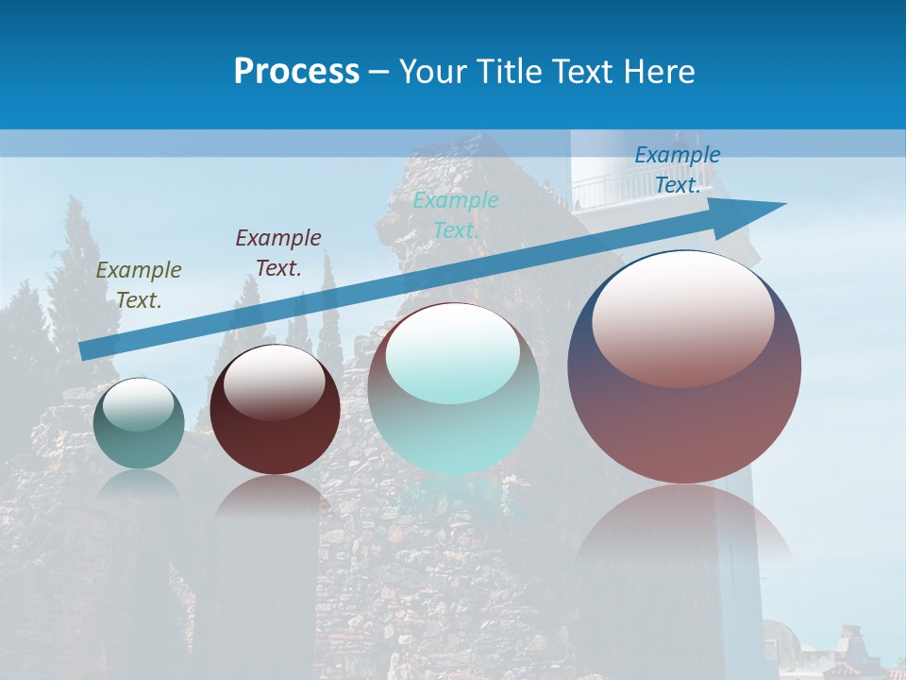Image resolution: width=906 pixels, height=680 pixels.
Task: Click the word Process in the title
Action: tap(296, 72)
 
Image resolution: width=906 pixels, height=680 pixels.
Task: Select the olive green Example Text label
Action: tap(139, 284)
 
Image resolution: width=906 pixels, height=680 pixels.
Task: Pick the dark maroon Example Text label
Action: tap(278, 252)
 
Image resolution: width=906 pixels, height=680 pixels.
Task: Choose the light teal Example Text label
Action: tap(456, 214)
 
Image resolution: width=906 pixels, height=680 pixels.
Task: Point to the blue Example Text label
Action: tap(678, 169)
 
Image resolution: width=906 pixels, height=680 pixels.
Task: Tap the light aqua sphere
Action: tap(454, 416)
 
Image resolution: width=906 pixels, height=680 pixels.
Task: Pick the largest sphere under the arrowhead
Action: tap(684, 416)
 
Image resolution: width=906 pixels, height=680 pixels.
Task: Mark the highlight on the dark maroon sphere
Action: tap(275, 381)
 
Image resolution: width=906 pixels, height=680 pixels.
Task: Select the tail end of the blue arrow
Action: tap(87, 350)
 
